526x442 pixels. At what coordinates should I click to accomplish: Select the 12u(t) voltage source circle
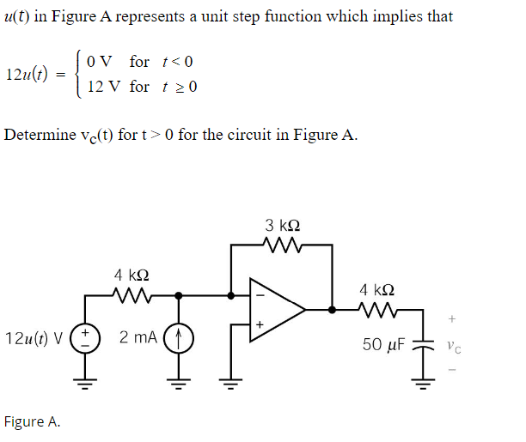(85, 338)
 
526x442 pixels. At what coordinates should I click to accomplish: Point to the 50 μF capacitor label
(384, 344)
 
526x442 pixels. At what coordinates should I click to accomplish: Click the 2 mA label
(137, 338)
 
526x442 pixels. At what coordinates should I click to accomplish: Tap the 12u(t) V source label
(34, 338)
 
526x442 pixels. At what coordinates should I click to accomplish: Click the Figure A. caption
(32, 421)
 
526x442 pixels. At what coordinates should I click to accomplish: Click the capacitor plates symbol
(421, 342)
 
